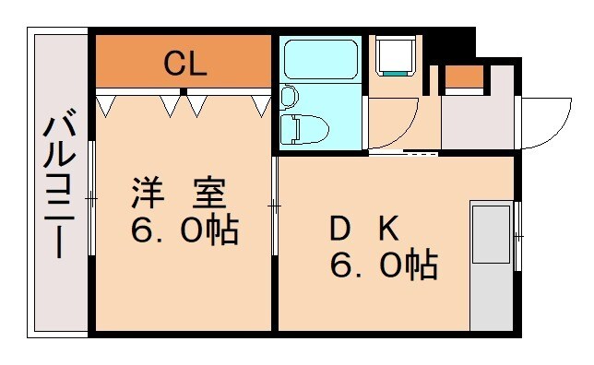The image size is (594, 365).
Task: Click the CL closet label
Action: [x=184, y=64]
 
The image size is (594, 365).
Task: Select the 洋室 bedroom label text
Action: [x=179, y=194]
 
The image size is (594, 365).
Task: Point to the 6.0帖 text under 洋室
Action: [x=184, y=230]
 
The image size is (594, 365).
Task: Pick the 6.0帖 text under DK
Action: [x=383, y=266]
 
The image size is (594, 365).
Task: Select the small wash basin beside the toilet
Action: [x=289, y=96]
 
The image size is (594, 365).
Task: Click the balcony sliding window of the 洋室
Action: [x=92, y=198]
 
